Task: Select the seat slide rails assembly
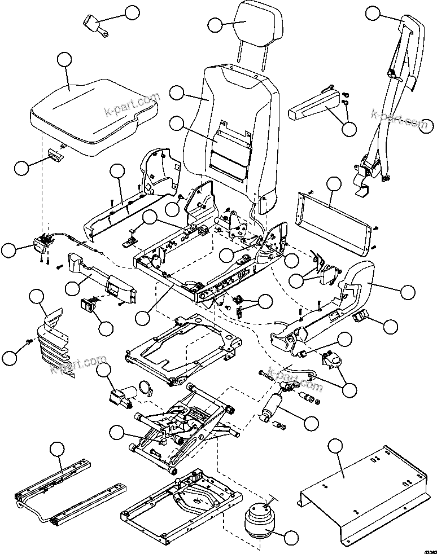click(68, 491)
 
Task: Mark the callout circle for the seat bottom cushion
click(65, 59)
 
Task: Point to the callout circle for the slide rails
click(56, 449)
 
